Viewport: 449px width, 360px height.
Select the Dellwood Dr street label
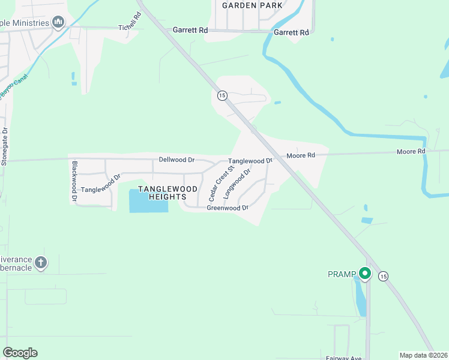tap(177, 160)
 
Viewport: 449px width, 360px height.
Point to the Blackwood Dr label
tap(75, 181)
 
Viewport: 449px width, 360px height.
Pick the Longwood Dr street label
tap(237, 184)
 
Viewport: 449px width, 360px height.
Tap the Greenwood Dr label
tap(228, 208)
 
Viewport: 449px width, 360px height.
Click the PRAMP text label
tap(342, 274)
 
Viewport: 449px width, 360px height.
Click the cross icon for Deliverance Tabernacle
tap(40, 262)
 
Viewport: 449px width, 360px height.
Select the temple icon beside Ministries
tap(58, 23)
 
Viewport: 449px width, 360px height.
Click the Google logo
tap(20, 353)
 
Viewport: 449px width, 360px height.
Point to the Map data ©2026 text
tap(423, 355)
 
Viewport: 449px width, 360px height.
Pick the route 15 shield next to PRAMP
tap(384, 275)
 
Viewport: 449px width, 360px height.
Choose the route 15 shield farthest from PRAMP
tap(221, 95)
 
